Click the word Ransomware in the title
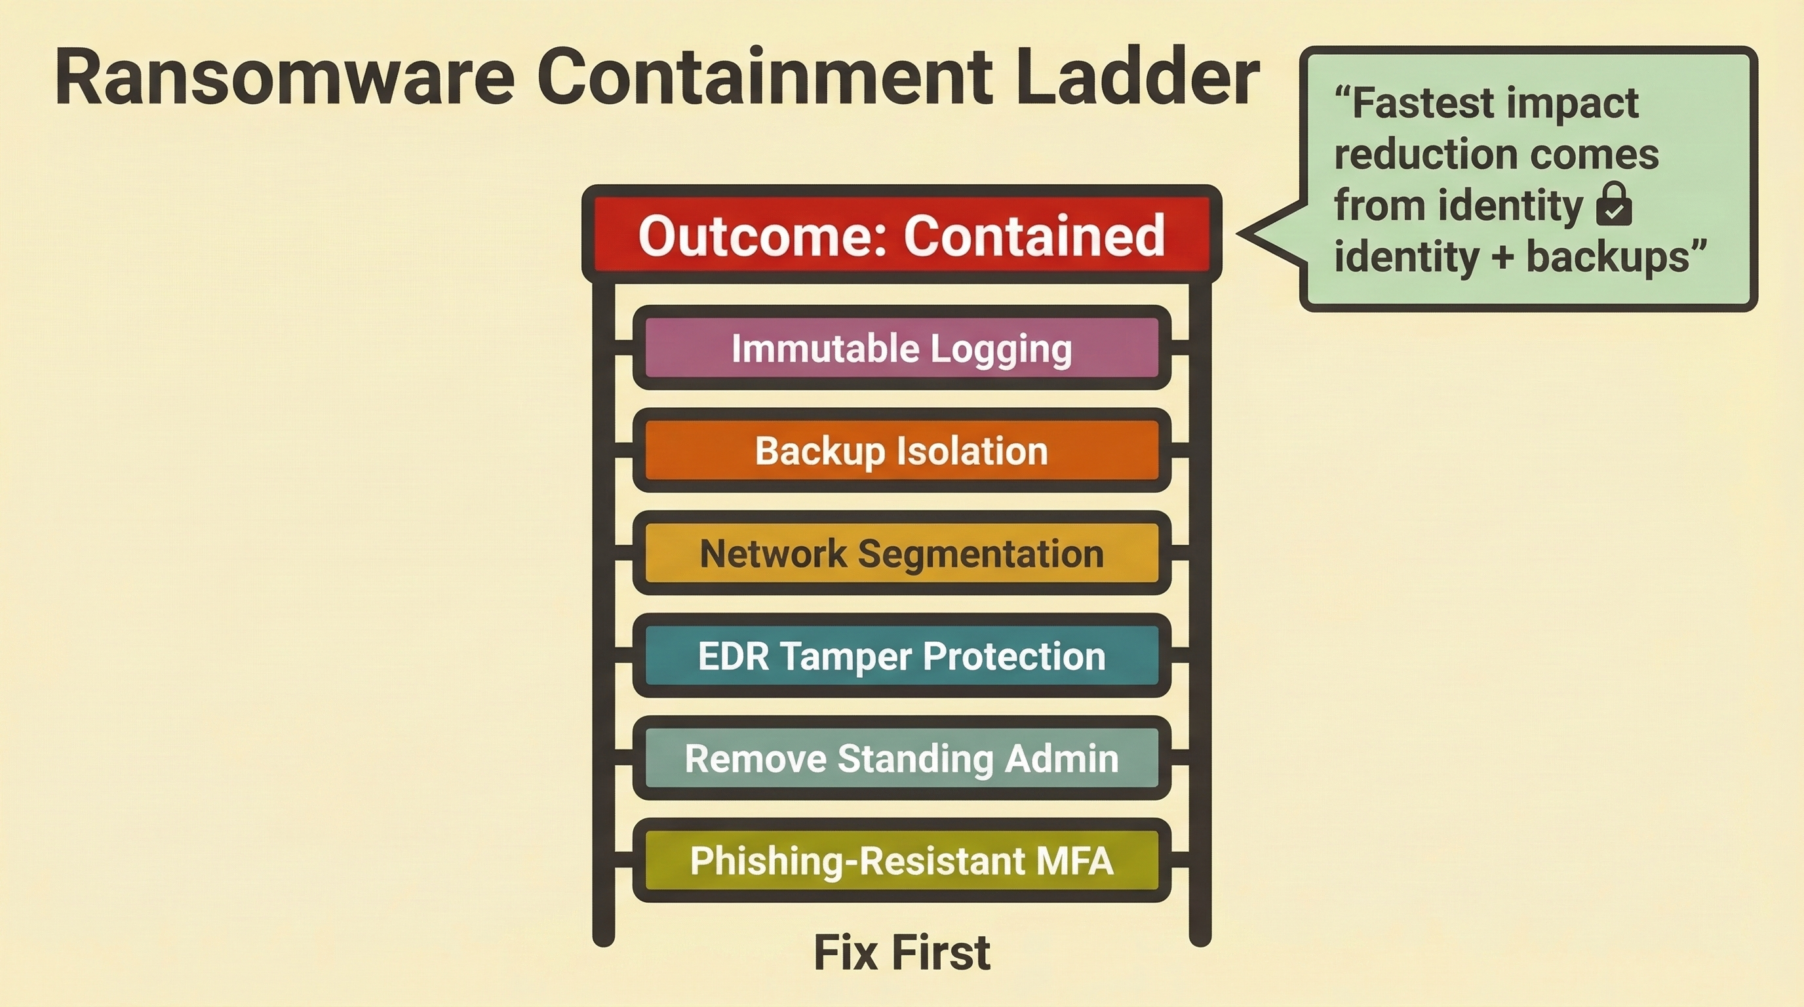coord(284,76)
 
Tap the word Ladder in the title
coord(1138,76)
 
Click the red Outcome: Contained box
coord(902,235)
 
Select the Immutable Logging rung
coord(902,348)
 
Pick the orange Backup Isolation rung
coord(902,450)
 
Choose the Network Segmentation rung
coord(902,553)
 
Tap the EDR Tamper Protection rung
coord(902,656)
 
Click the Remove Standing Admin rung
coord(902,758)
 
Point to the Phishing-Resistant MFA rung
coord(902,860)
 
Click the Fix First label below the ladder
coord(902,953)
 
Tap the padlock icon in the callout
coord(1614,205)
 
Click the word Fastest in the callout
coord(1424,104)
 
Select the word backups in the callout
coord(1608,257)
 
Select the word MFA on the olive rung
coord(1075,861)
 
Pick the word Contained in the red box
coord(1034,235)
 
